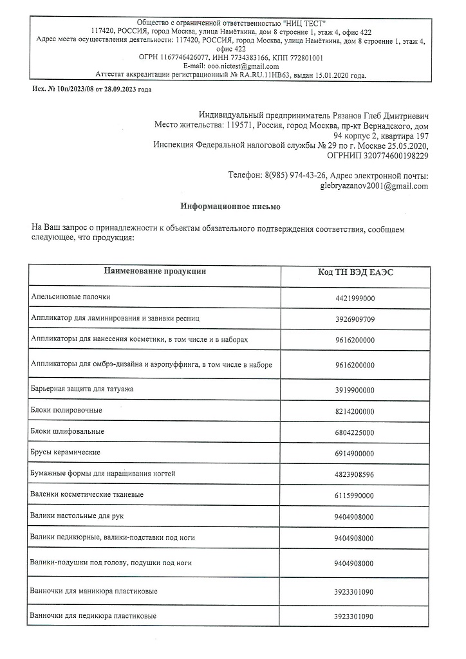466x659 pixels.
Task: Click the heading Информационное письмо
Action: [230, 207]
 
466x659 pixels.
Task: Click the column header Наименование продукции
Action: [155, 272]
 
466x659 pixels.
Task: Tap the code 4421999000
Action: [355, 299]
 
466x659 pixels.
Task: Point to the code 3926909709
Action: [355, 319]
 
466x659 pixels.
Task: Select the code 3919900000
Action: [355, 391]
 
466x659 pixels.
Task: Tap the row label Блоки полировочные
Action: [66, 410]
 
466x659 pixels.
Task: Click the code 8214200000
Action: [355, 411]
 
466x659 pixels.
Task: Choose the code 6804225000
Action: [355, 432]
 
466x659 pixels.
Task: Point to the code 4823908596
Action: [355, 474]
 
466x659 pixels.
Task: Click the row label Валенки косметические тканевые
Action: [87, 494]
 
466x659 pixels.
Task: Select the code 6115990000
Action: [355, 496]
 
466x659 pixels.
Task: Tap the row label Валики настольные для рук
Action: [79, 515]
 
